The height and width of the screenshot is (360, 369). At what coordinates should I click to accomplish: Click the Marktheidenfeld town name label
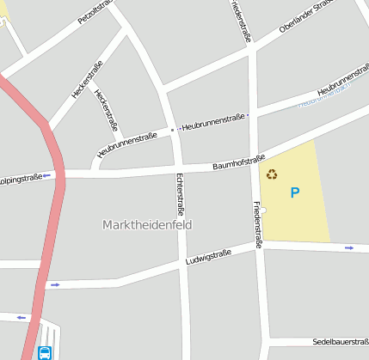147,225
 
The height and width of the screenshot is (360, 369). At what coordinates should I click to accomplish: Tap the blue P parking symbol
295,193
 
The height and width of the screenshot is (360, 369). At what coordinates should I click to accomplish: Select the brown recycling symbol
272,174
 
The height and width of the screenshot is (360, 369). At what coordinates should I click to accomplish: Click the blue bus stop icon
44,352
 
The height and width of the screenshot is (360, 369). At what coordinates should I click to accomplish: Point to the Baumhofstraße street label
238,161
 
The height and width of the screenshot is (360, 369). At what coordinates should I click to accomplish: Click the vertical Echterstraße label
181,193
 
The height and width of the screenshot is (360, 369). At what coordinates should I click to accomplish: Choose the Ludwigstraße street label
209,256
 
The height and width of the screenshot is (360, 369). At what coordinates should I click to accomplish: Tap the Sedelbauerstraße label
340,341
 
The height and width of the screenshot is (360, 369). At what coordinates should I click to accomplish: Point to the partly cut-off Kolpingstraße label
22,177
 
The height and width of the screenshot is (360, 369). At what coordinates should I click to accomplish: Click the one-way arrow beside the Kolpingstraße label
47,175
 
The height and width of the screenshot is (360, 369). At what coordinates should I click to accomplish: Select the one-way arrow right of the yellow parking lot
349,247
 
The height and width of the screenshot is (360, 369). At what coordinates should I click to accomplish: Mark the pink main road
56,215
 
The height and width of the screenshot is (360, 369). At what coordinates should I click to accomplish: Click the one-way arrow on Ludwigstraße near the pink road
55,284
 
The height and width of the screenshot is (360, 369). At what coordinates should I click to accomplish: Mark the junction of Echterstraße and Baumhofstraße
177,168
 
